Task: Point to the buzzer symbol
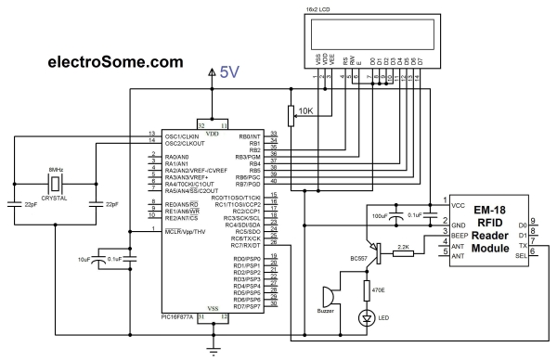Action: [x=329, y=298]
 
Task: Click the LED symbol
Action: [x=366, y=318]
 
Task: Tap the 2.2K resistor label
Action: [x=405, y=246]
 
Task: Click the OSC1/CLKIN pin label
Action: [x=180, y=135]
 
